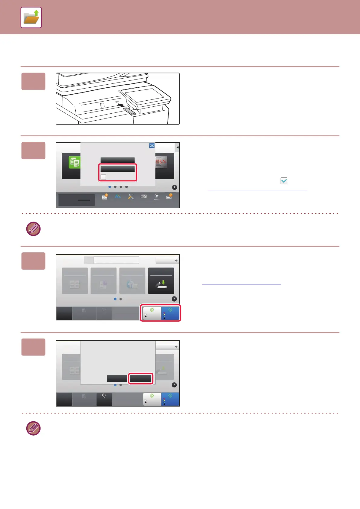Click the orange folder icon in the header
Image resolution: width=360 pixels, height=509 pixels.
pos(31,18)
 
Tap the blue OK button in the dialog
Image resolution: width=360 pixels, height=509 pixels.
pos(152,146)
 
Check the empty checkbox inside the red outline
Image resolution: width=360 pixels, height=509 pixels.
pos(103,177)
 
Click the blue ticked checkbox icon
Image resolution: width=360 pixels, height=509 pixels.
pos(284,181)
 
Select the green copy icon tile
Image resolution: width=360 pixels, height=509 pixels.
pos(74,162)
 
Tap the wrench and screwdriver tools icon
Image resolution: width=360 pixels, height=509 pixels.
pos(131,196)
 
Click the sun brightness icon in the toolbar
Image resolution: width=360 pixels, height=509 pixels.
pos(156,196)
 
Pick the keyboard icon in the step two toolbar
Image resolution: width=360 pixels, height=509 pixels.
pos(144,196)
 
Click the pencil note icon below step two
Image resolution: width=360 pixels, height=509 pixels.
pos(33,229)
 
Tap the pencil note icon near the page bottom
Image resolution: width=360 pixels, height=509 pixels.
pos(33,428)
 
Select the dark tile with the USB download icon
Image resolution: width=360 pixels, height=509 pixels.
pos(161,281)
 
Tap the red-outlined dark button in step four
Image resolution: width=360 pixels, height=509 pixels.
pos(141,378)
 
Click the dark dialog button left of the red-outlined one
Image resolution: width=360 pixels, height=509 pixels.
pos(117,378)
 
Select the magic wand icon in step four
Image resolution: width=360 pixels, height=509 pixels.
pos(104,396)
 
